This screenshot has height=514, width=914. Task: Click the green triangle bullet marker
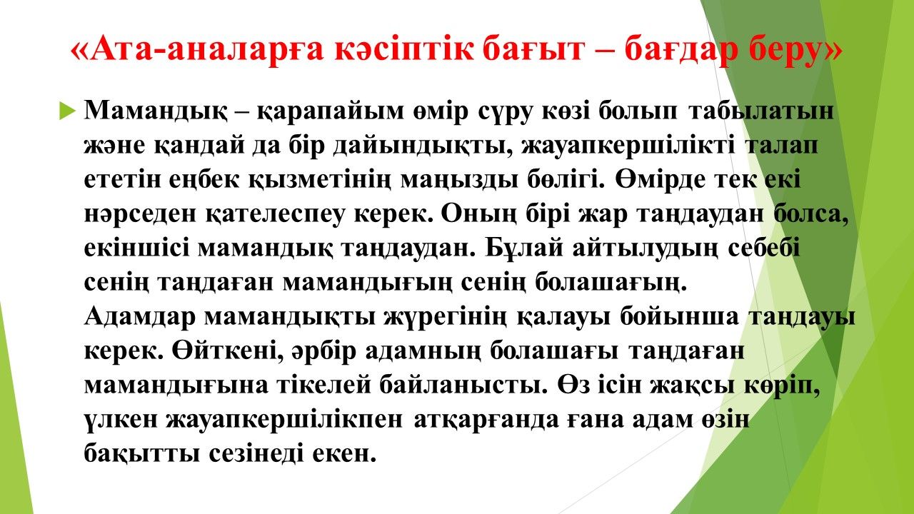click(67, 111)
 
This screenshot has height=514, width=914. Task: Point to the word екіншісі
click(136, 248)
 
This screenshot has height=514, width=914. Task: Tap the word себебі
click(763, 248)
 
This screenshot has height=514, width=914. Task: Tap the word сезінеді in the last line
click(256, 453)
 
